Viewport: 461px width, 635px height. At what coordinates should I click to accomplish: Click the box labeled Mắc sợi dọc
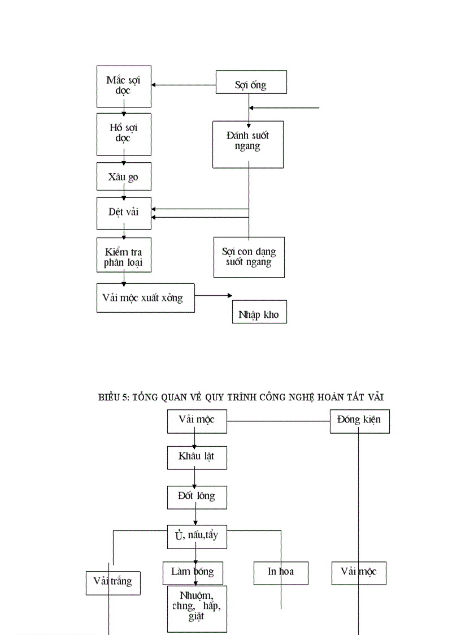pos(124,86)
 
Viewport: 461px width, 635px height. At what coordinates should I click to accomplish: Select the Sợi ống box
pos(251,82)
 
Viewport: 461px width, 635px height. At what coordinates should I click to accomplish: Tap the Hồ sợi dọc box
pos(124,134)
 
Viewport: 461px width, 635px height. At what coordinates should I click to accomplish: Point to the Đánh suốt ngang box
pos(247,144)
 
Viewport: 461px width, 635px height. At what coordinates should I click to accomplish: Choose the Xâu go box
pos(124,178)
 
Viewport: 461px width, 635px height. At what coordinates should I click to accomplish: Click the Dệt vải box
pos(124,213)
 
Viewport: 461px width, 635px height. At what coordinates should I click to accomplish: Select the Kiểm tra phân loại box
pos(124,255)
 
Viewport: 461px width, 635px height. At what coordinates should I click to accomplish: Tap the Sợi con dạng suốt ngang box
pos(249,257)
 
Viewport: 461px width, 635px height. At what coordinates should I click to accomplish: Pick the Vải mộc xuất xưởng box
pos(145,297)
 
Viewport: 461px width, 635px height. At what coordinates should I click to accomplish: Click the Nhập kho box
pos(259,312)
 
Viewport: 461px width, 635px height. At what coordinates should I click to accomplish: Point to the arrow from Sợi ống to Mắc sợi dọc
pos(184,85)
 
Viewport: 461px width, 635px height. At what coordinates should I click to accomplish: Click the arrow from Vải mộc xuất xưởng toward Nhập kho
pos(214,296)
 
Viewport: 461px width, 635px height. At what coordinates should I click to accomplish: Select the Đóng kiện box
pos(359,421)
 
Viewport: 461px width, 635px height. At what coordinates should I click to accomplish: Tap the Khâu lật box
pos(197,457)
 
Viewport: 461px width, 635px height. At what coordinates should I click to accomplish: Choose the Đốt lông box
pos(197,496)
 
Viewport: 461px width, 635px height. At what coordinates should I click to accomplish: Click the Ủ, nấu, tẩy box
pos(197,537)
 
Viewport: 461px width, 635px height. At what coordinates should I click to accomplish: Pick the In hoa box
pos(281,573)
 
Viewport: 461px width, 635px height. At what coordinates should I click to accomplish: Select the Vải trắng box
pos(113,583)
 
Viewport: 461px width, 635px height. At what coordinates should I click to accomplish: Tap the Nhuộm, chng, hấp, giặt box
pos(197,608)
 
